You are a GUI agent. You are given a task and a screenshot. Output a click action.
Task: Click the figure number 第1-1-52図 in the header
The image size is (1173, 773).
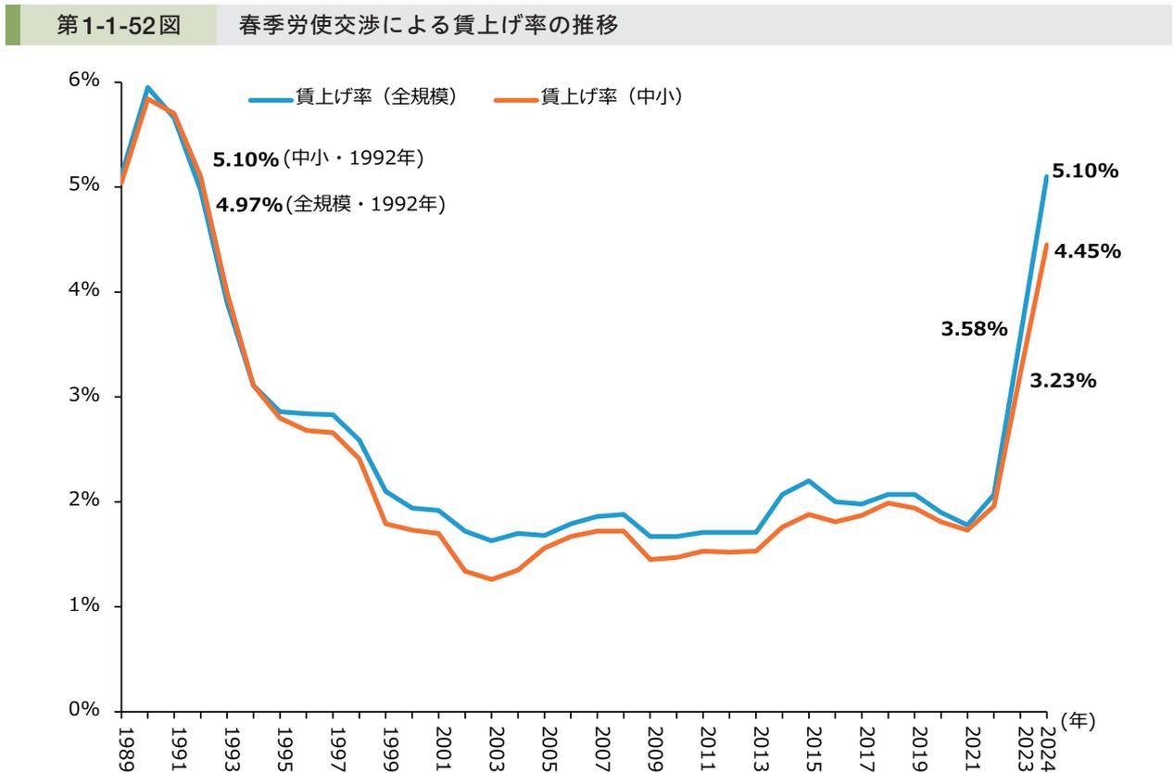(118, 24)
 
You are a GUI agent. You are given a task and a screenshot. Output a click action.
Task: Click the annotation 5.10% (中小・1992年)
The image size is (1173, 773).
(317, 159)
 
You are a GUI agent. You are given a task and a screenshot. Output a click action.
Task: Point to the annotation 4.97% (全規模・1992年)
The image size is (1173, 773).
(330, 204)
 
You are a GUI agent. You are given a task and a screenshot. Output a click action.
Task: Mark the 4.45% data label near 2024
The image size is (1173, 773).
(1088, 251)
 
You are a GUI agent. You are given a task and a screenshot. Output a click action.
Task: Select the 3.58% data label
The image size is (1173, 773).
(974, 329)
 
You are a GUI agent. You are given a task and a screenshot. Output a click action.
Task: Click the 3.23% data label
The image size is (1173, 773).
(1064, 380)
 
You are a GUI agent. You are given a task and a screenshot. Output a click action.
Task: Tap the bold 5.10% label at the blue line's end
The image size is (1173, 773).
(1086, 171)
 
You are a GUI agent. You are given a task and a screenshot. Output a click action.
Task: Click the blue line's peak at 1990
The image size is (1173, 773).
(147, 88)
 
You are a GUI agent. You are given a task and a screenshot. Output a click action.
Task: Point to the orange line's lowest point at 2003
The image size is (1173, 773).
(491, 579)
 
